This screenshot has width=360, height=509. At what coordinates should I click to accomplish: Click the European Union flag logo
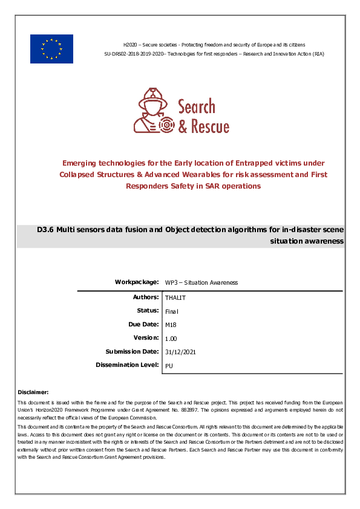[51, 49]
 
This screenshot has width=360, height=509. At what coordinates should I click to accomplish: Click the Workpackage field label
[137, 282]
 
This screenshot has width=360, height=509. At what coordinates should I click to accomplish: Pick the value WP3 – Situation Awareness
[201, 283]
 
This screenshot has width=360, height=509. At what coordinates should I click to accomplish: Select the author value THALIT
[175, 298]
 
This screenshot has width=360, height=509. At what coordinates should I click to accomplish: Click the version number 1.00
[171, 339]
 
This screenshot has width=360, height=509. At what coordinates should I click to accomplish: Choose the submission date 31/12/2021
[180, 352]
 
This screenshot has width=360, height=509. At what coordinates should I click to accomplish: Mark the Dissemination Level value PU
[169, 366]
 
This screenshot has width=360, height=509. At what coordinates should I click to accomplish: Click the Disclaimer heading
[33, 392]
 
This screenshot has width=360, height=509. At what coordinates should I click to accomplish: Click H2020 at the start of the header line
[130, 45]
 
